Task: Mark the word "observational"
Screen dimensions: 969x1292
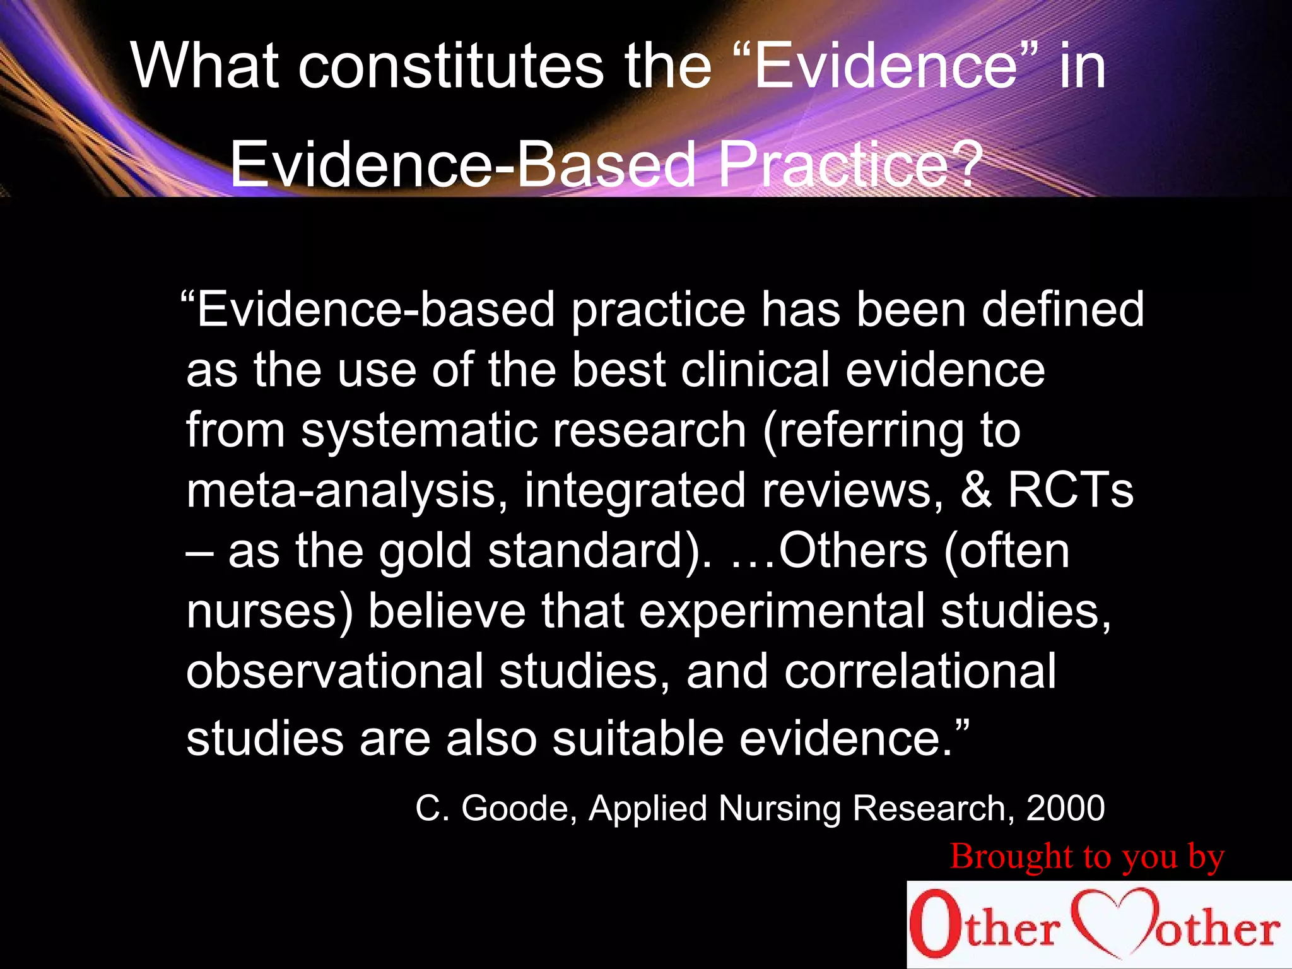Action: pyautogui.click(x=334, y=671)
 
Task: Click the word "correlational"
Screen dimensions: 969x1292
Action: pyautogui.click(x=920, y=671)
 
